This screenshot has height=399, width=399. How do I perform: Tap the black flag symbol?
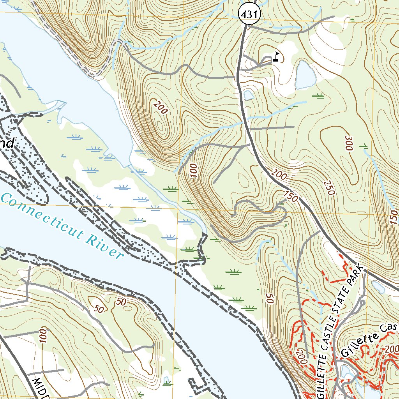tap(276, 57)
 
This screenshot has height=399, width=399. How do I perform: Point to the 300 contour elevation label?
tap(348, 143)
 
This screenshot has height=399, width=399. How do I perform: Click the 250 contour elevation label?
tap(329, 188)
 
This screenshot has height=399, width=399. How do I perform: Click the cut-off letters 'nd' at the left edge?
tap(7, 143)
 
